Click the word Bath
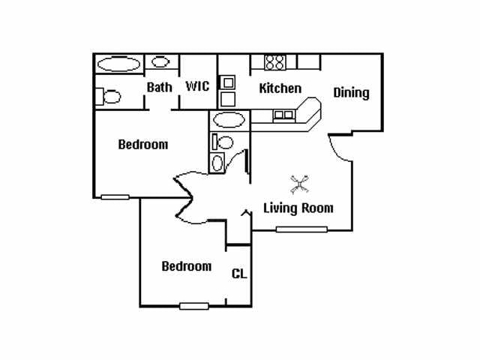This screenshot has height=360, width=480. click(159, 87)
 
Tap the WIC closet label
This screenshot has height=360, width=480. click(197, 86)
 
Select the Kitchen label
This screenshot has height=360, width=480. click(280, 88)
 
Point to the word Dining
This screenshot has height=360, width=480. click(351, 93)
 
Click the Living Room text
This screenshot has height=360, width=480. click(298, 208)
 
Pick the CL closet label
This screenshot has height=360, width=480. click(239, 274)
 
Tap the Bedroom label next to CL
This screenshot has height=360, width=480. click(187, 266)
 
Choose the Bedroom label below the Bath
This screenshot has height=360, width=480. click(143, 145)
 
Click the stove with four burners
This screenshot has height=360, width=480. click(275, 62)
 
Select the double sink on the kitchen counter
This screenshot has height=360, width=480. click(283, 115)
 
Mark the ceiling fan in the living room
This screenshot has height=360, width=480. click(300, 184)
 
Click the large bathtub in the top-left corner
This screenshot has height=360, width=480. click(118, 64)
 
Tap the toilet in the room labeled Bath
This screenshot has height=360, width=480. click(108, 97)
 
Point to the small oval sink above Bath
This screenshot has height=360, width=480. click(160, 62)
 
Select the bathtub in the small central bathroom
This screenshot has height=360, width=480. click(229, 120)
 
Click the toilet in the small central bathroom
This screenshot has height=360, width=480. click(223, 142)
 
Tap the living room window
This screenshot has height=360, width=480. click(301, 229)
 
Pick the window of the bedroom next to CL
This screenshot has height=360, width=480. click(194, 306)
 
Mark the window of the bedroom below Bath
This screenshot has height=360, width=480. click(115, 197)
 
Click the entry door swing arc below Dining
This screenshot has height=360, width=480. click(337, 151)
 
